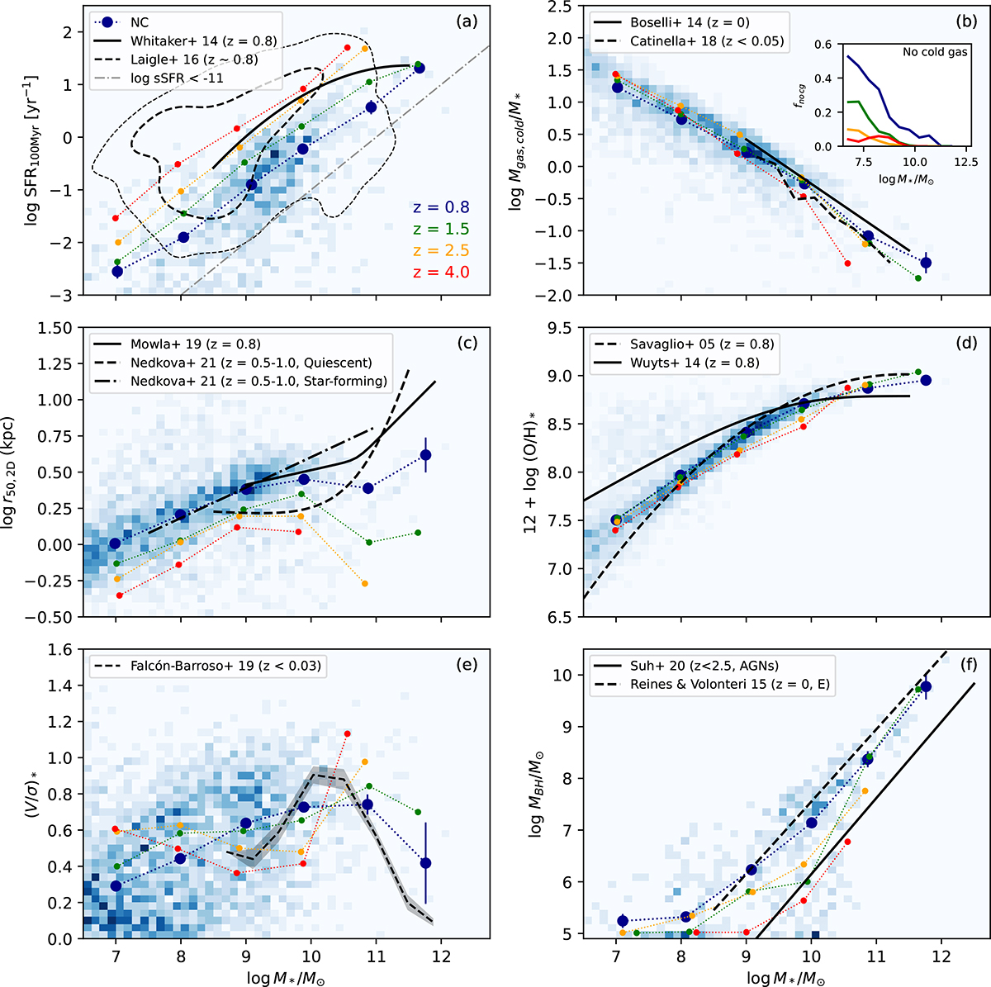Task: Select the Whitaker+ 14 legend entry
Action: click(x=203, y=40)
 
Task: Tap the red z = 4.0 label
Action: click(x=441, y=271)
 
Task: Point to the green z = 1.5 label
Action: click(x=441, y=229)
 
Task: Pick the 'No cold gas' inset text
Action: click(x=934, y=52)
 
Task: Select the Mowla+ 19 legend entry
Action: click(x=195, y=344)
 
